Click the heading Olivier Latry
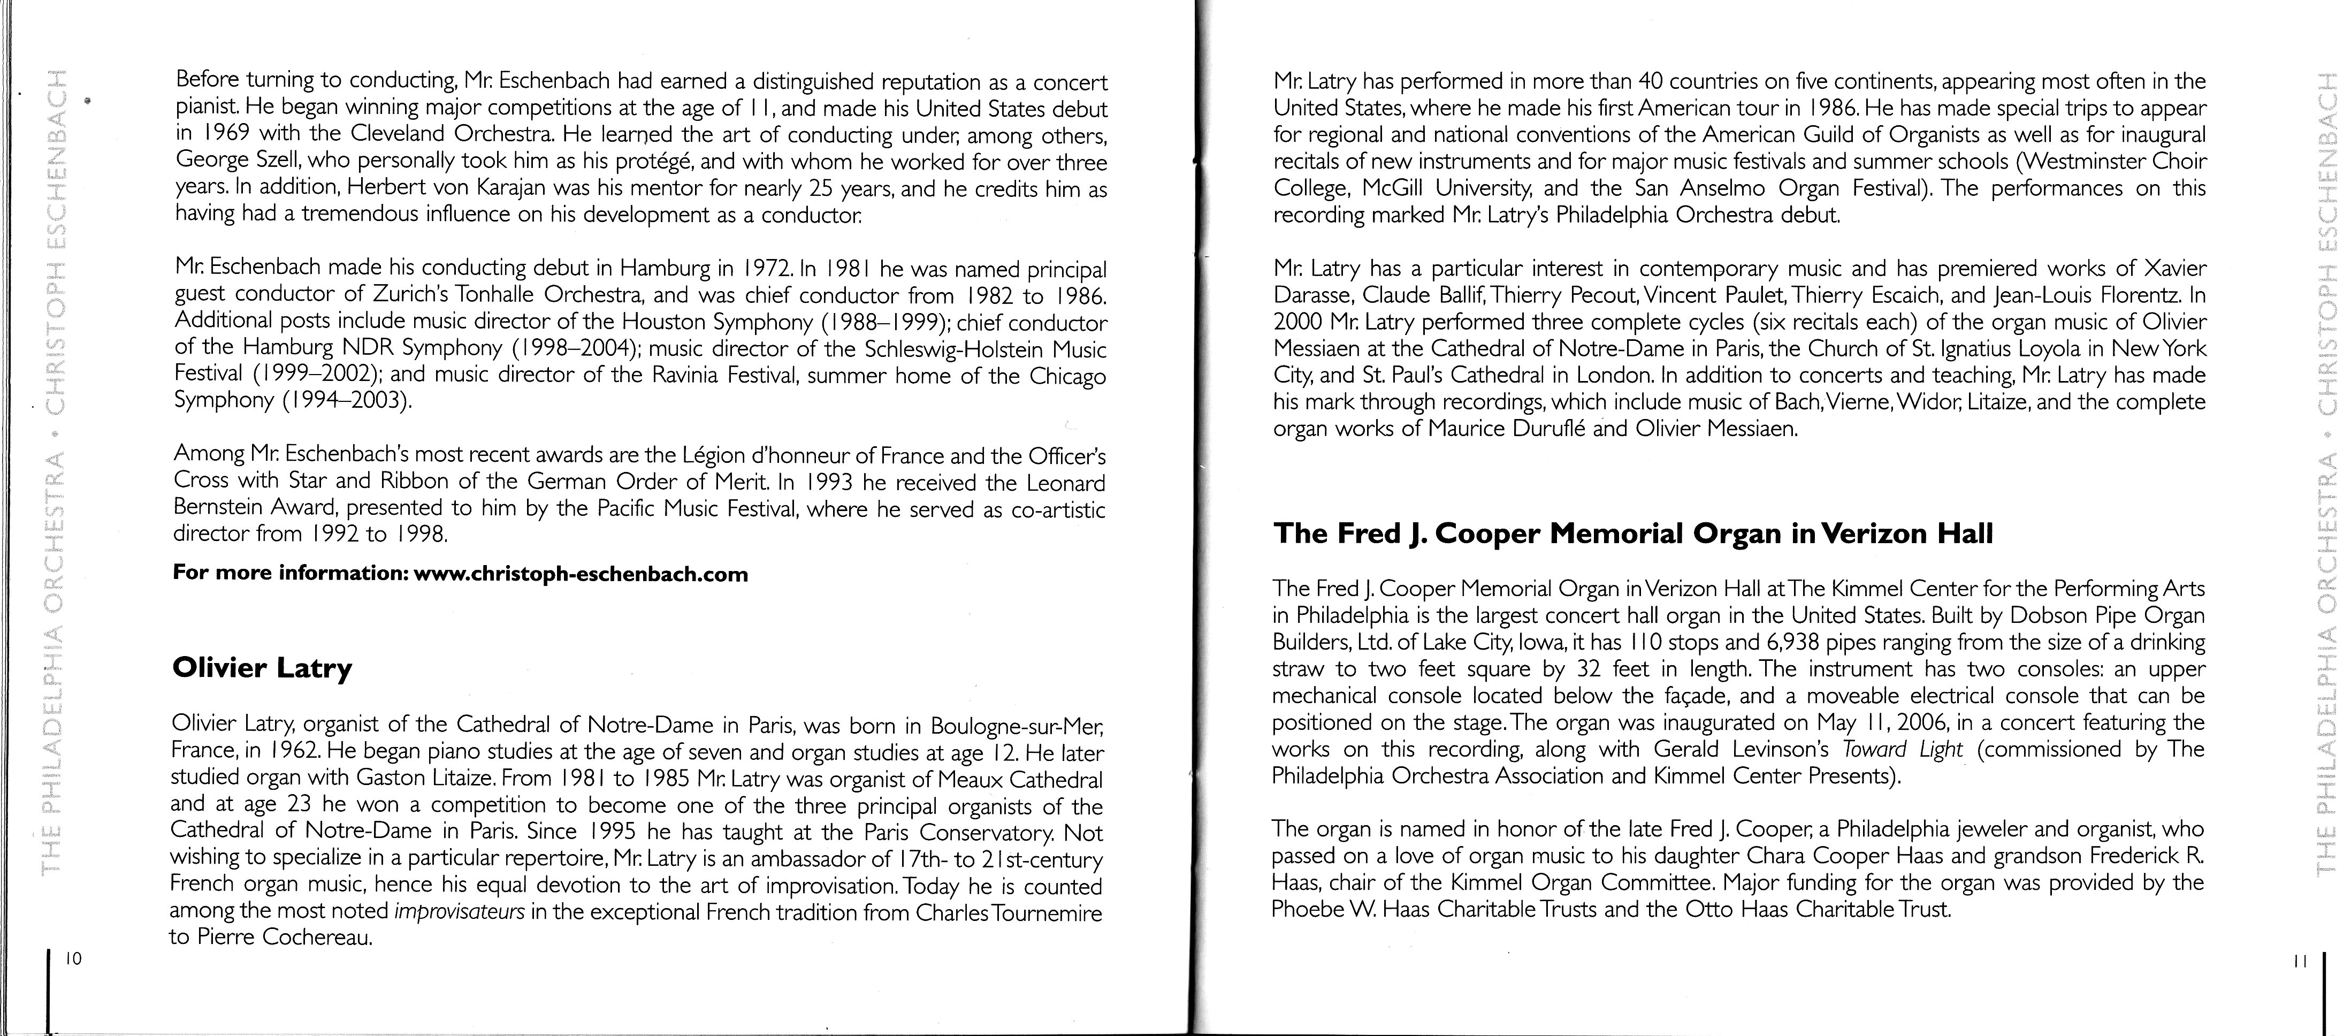pos(262,669)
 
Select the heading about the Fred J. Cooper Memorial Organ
pos(1633,534)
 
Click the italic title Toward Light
pos(1901,749)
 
